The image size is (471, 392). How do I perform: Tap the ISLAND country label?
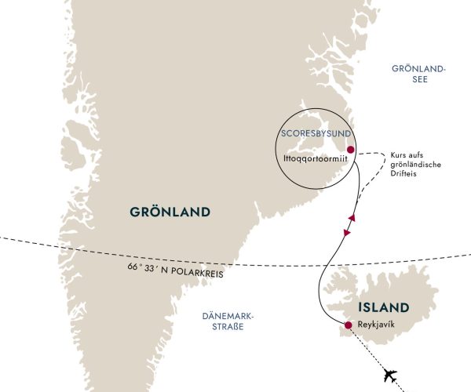click(x=384, y=307)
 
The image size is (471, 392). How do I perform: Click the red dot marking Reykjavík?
click(x=347, y=325)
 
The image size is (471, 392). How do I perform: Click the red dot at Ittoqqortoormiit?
click(x=350, y=150)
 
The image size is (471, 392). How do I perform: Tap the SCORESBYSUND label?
click(x=312, y=133)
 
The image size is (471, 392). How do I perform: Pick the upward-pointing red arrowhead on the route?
click(x=353, y=218)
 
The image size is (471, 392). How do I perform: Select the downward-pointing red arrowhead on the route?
click(x=345, y=234)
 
